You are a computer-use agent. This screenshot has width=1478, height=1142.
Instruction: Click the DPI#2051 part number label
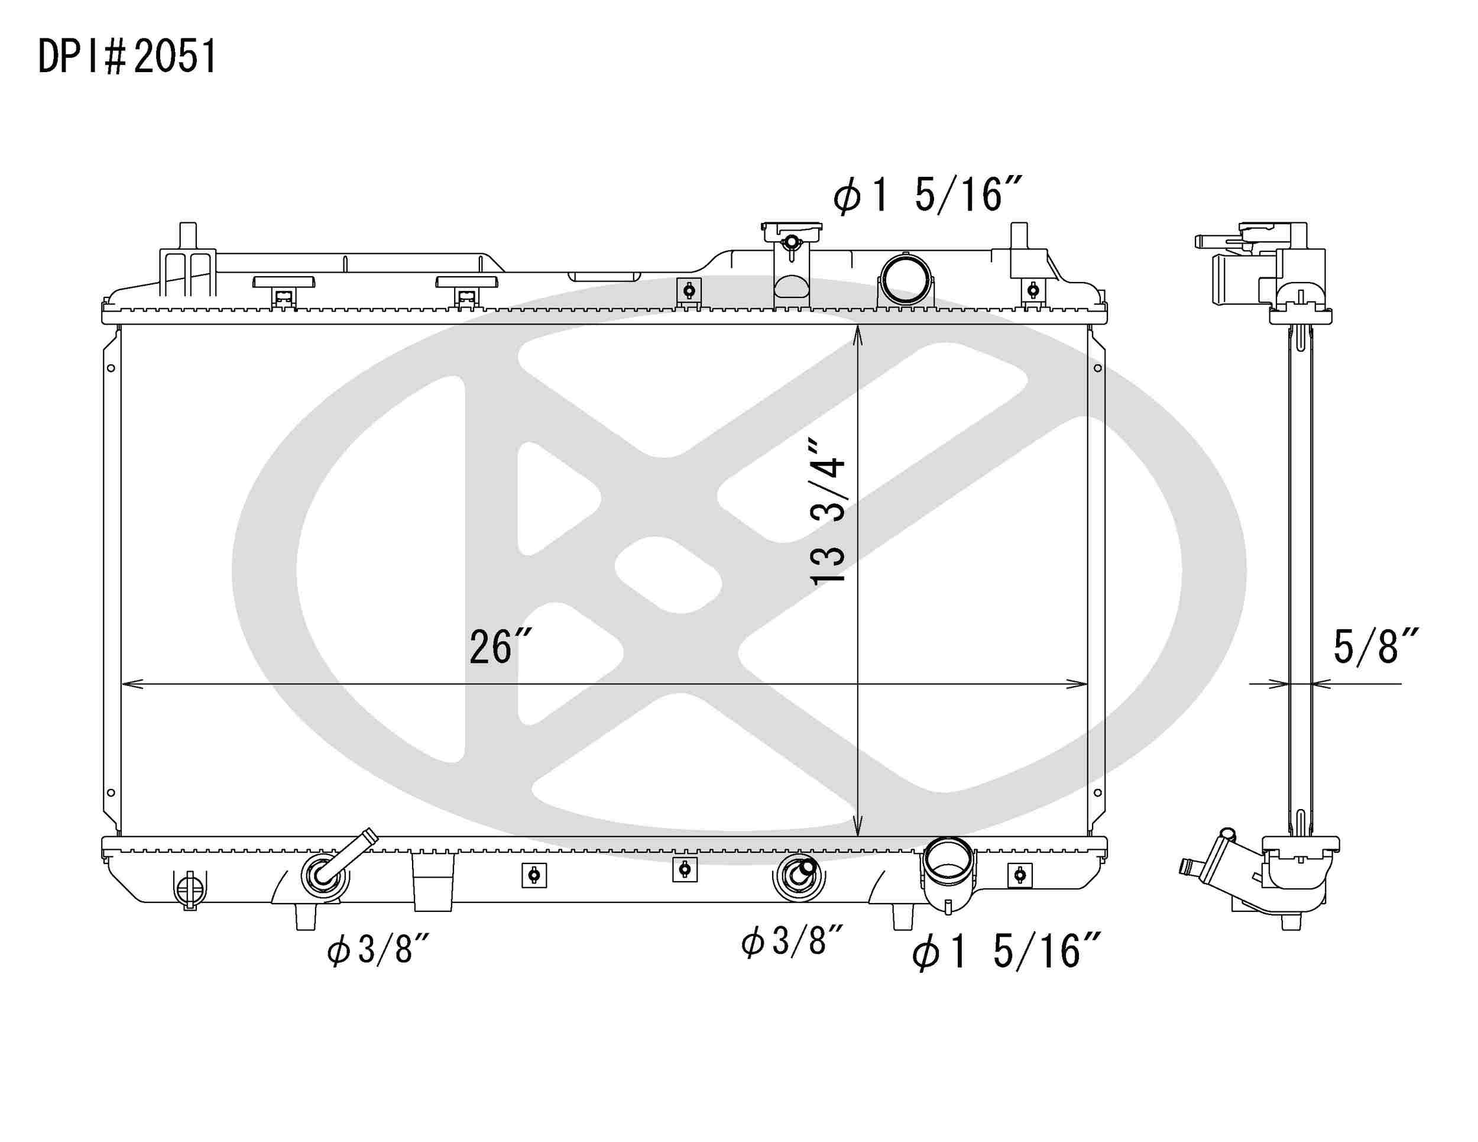(127, 56)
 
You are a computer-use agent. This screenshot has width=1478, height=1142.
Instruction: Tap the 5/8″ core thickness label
(1375, 646)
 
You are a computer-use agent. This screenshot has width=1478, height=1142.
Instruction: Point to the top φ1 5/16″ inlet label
(926, 195)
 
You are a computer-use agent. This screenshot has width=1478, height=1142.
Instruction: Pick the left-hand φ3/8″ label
(378, 949)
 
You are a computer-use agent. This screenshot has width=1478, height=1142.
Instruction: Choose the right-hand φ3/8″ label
(792, 942)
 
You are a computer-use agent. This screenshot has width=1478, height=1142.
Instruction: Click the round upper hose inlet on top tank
(904, 279)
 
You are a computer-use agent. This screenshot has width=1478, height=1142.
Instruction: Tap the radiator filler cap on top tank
(791, 233)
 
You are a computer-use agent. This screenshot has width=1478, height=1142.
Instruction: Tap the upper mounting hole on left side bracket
(111, 368)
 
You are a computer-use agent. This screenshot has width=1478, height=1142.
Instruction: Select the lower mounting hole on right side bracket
(1098, 792)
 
